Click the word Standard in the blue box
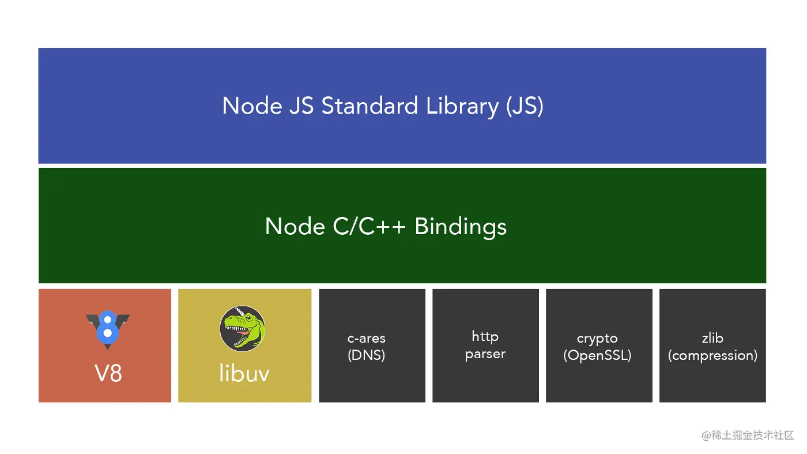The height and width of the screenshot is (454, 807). (x=369, y=106)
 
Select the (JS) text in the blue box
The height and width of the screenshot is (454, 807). (x=525, y=106)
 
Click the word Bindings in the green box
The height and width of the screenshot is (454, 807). (x=461, y=227)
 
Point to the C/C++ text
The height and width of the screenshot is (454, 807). (x=369, y=227)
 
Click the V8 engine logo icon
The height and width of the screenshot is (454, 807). (x=107, y=329)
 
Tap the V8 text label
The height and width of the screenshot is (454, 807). (x=108, y=373)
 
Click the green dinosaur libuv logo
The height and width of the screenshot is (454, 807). (x=243, y=328)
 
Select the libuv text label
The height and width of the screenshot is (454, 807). (x=244, y=373)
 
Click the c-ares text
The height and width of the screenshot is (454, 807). (x=367, y=339)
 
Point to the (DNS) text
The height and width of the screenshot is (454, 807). (x=367, y=355)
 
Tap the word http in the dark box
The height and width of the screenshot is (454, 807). (x=485, y=336)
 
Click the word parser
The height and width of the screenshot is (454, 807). (x=485, y=354)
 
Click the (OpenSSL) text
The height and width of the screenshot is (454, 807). (x=597, y=355)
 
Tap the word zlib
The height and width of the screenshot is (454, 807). (x=712, y=338)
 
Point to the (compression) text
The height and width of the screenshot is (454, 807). (x=712, y=355)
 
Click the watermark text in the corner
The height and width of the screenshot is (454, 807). (x=748, y=436)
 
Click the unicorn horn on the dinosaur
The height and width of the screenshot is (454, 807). (x=239, y=310)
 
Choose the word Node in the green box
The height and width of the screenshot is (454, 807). (x=295, y=227)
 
